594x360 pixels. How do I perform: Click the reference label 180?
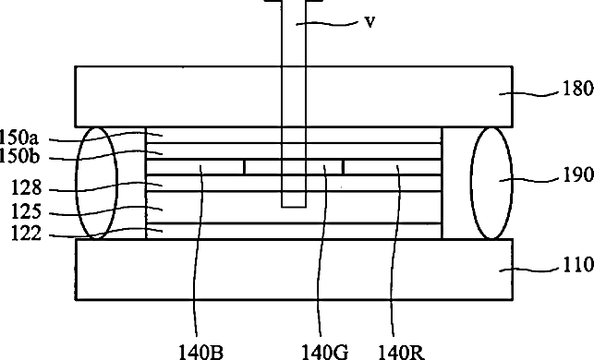pos(578,89)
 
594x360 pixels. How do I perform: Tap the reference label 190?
pos(578,174)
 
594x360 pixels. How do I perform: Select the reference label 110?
pos(578,265)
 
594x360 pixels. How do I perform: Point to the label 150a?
pos(19,138)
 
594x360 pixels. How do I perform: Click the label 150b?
pos(19,156)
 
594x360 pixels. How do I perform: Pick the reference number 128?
pos(26,188)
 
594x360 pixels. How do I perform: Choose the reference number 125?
pos(26,211)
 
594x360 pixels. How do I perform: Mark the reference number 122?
pos(26,234)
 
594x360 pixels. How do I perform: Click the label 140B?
pos(200,353)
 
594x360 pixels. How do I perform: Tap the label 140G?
pos(324,353)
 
